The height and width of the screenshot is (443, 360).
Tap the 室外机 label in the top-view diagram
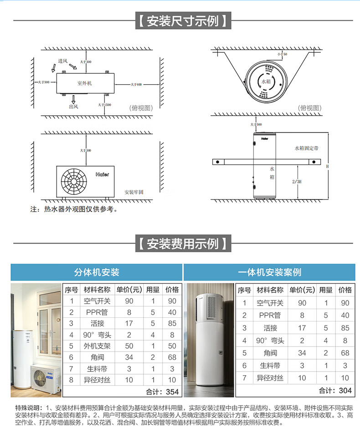pos(84,83)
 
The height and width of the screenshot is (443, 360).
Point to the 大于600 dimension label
pos(136,84)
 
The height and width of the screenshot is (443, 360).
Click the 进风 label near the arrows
pos(62,61)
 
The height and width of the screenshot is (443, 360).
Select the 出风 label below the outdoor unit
pos(73,106)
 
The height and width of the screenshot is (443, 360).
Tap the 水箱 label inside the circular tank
pos(266,81)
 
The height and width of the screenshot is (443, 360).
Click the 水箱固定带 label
pos(306,148)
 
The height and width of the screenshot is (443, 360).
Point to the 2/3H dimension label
pos(296,181)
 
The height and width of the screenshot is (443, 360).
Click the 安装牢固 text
pos(134,192)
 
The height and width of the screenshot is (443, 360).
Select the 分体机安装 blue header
pos(97,272)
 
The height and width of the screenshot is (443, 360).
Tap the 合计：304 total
pos(335,390)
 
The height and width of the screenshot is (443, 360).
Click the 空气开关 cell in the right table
pos(270,303)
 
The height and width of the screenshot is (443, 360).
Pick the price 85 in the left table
pos(172,323)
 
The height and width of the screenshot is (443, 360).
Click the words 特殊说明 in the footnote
pos(28,407)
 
